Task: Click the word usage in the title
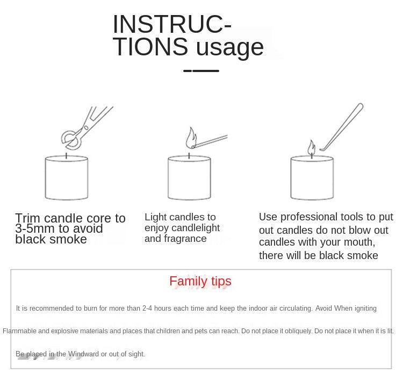[230, 47]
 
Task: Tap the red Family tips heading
[200, 281]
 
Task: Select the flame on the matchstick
[191, 138]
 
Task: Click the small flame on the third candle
[312, 148]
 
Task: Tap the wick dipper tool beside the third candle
[342, 127]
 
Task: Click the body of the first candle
[67, 177]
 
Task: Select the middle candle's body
[190, 177]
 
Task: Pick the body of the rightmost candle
[312, 177]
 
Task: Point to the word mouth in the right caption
[359, 242]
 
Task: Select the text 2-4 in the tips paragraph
[147, 309]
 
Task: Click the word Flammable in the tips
[19, 331]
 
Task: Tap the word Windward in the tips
[83, 354]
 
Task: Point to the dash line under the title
[201, 71]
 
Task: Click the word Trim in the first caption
[28, 218]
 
